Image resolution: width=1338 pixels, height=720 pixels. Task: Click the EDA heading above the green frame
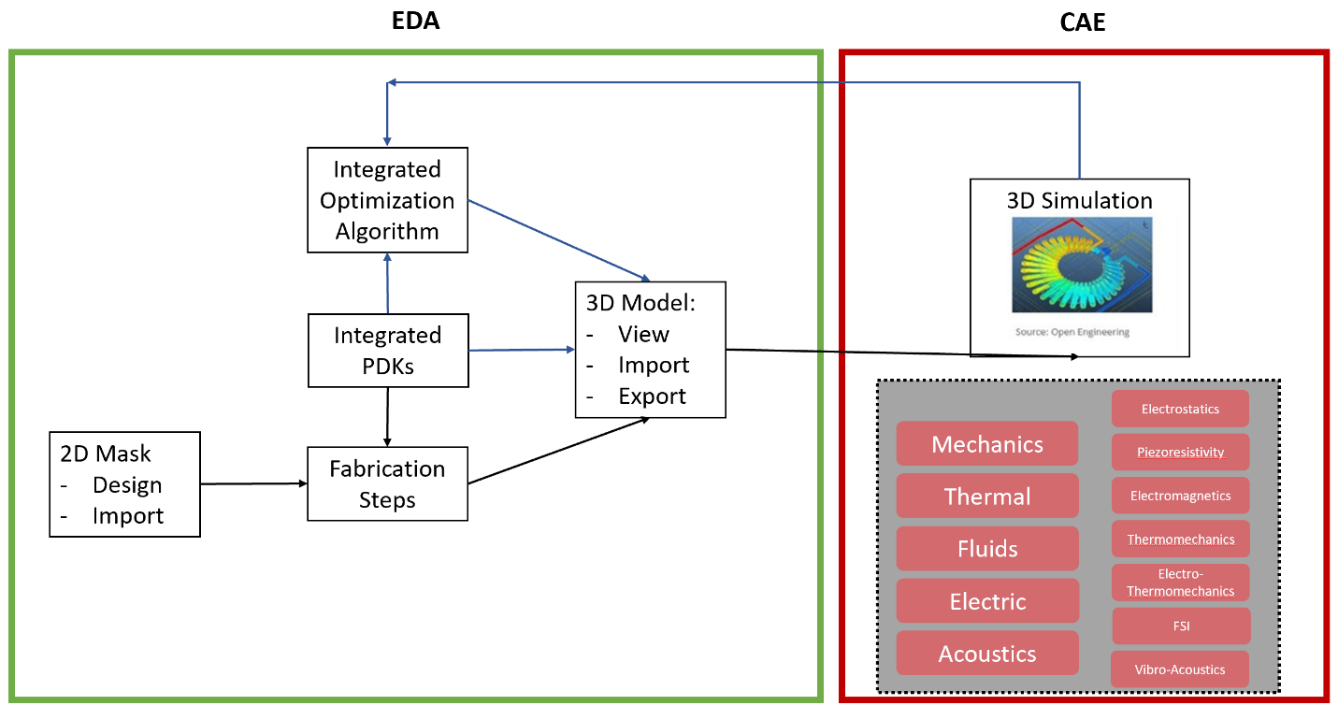pyautogui.click(x=414, y=22)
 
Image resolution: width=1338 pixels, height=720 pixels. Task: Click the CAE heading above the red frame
pyautogui.click(x=1083, y=22)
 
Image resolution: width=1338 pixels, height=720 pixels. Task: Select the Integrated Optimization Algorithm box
pyautogui.click(x=387, y=200)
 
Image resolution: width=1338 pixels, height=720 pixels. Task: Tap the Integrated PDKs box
pyautogui.click(x=387, y=351)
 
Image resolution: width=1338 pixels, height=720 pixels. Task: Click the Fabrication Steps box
pyautogui.click(x=387, y=484)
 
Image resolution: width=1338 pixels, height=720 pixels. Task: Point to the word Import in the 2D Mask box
pyautogui.click(x=128, y=516)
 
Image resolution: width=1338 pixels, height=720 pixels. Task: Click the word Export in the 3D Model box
pyautogui.click(x=652, y=396)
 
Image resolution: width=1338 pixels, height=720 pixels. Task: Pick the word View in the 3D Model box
pyautogui.click(x=643, y=335)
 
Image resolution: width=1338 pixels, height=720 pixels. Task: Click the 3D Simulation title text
pyautogui.click(x=1079, y=200)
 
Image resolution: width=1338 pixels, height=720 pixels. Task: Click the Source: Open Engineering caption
pyautogui.click(x=1072, y=332)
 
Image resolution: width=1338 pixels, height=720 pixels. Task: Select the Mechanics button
pyautogui.click(x=986, y=444)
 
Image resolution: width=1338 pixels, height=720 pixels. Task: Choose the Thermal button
pyautogui.click(x=986, y=497)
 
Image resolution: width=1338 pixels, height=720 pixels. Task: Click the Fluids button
pyautogui.click(x=986, y=549)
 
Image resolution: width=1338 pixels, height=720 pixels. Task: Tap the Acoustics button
pyautogui.click(x=986, y=654)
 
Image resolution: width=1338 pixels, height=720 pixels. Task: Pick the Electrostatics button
pyautogui.click(x=1180, y=410)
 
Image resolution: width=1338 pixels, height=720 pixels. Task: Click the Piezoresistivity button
pyautogui.click(x=1180, y=453)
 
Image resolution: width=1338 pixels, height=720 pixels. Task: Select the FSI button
pyautogui.click(x=1180, y=626)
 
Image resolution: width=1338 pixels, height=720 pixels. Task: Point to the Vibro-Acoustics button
pyautogui.click(x=1179, y=670)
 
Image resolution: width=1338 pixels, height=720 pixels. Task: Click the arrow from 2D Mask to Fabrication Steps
pyautogui.click(x=253, y=483)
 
